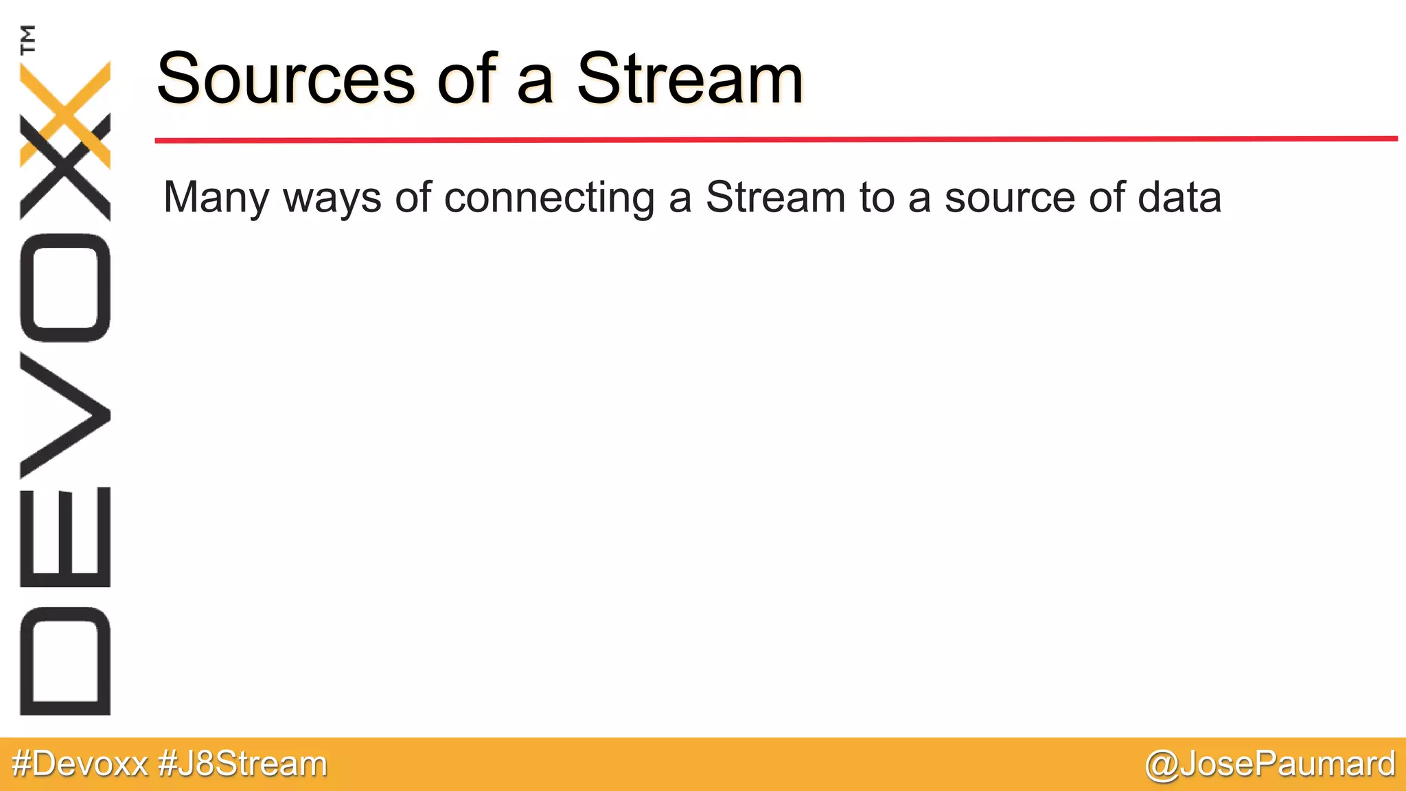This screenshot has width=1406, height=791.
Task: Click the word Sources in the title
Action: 286,79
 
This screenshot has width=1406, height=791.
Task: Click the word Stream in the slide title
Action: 689,79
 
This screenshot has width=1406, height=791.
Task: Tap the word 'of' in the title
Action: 466,79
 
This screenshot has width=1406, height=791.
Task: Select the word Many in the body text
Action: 216,198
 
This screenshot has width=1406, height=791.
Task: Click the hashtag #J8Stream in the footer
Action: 242,764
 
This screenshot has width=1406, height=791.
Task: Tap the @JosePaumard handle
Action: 1270,764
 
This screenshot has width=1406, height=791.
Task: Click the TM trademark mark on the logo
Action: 28,39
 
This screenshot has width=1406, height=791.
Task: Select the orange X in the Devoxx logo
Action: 66,113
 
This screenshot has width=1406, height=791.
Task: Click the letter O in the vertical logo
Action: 65,287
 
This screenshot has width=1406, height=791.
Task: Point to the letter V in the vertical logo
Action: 65,415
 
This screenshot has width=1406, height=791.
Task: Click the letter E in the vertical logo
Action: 65,537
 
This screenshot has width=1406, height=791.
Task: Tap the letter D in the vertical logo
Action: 65,661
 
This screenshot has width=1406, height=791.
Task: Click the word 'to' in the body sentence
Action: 877,198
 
